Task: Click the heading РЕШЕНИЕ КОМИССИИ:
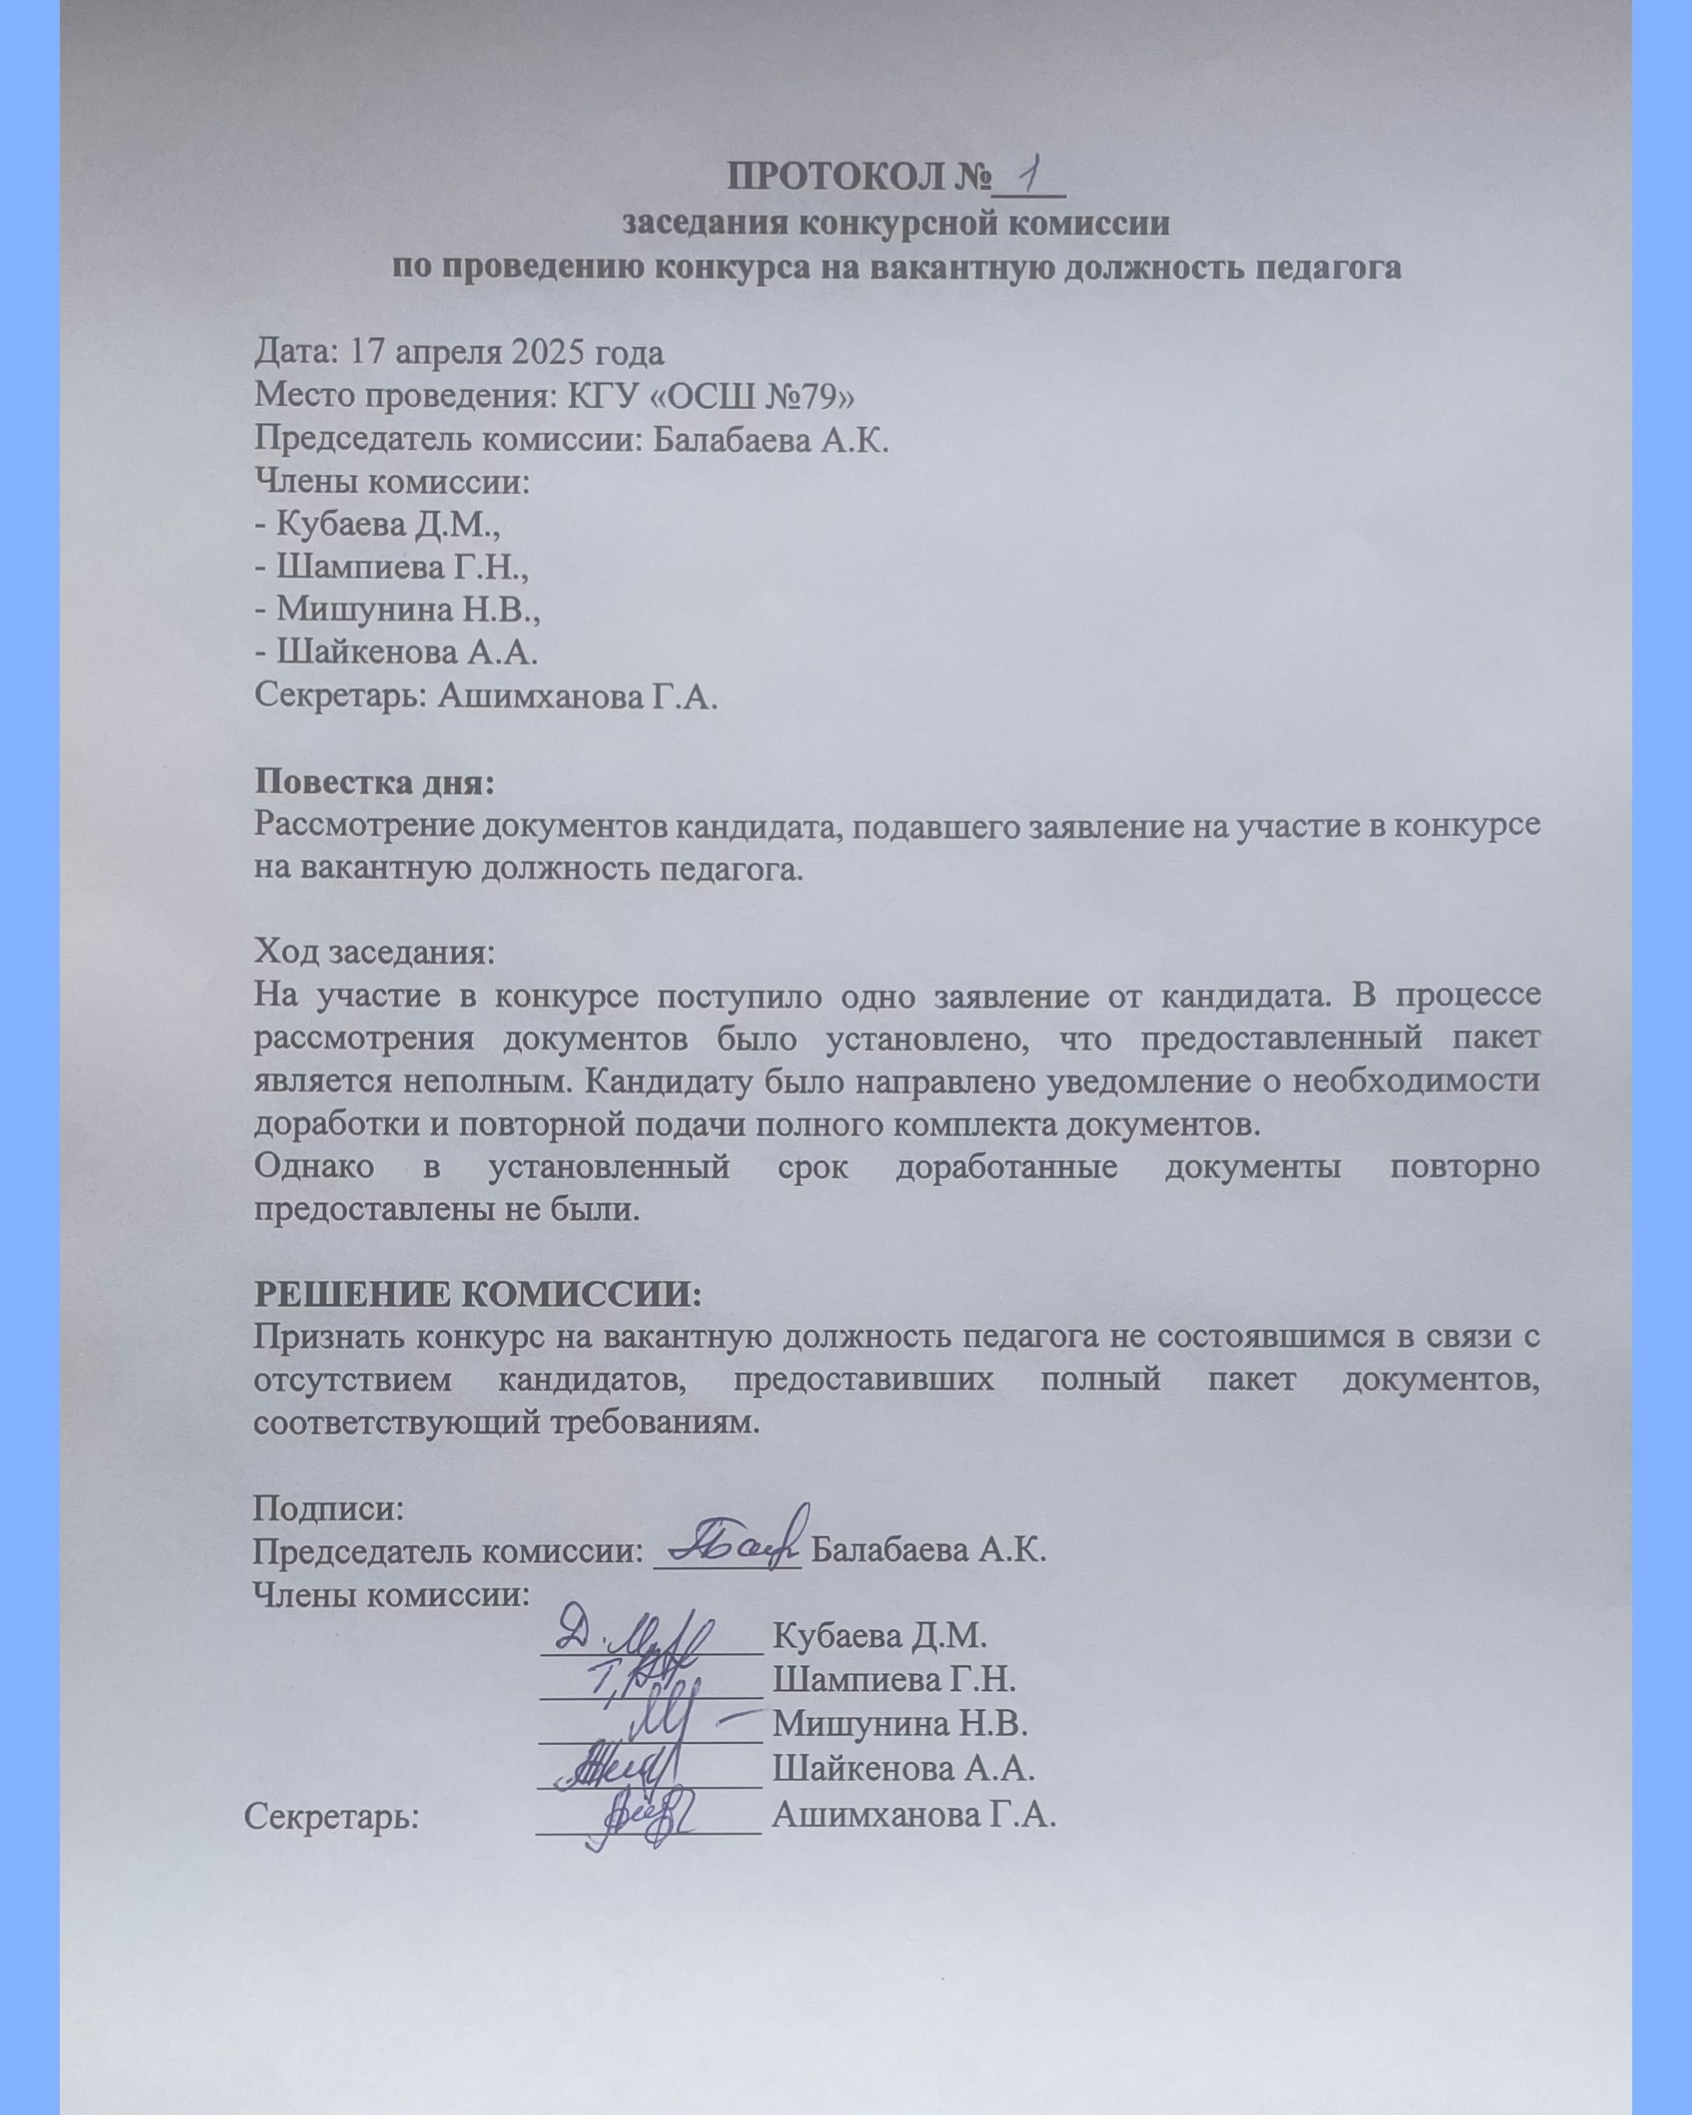[x=477, y=1293]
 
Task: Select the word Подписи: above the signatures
[x=329, y=1507]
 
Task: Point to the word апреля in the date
[x=435, y=353]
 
